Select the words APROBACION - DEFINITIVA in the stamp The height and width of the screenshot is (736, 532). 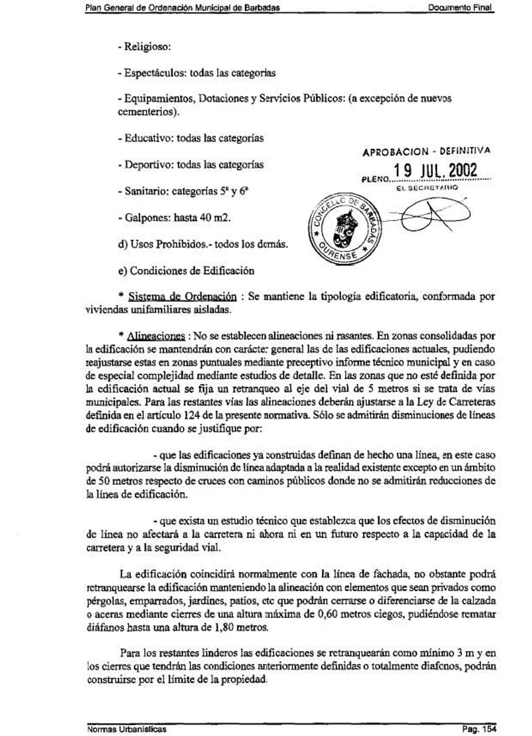pos(426,152)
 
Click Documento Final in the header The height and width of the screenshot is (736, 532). pos(459,8)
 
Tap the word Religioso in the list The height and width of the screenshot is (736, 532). pos(147,47)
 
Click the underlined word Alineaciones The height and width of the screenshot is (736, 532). pos(156,337)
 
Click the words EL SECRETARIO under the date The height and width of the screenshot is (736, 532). pos(427,187)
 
